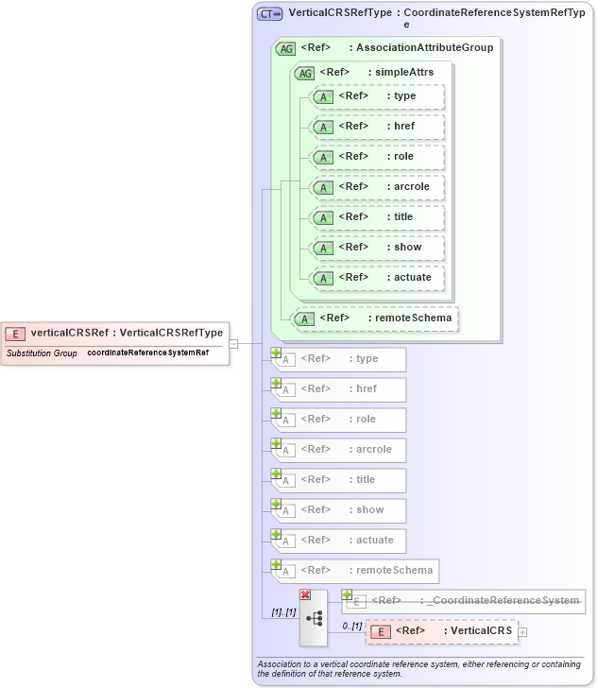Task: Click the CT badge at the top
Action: [270, 14]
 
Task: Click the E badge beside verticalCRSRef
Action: [16, 333]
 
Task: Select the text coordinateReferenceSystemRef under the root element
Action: [148, 353]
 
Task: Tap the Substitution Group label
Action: [42, 353]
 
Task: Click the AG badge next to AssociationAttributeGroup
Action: [284, 48]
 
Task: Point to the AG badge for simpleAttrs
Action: [304, 73]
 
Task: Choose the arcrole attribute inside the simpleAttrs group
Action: [378, 187]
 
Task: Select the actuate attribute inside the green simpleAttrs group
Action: [378, 278]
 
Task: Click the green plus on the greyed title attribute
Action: [277, 473]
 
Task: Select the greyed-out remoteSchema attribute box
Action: [354, 571]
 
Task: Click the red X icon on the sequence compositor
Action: [305, 594]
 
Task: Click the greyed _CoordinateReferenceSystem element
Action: [463, 601]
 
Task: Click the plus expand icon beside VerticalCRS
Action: [522, 631]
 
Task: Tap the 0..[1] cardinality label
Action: [352, 627]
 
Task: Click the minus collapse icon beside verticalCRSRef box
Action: [233, 343]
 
